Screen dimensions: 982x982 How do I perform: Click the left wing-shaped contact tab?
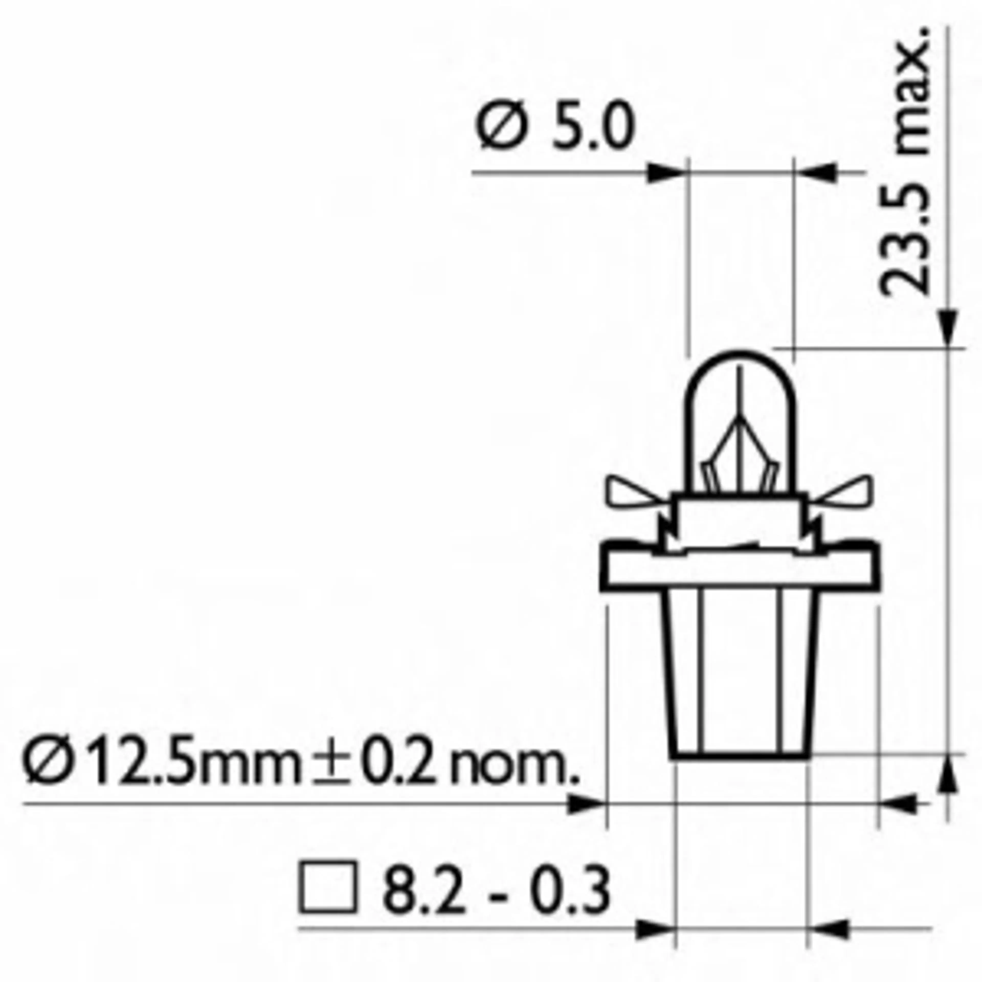(x=633, y=493)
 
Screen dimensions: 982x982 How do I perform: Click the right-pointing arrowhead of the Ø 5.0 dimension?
(x=666, y=173)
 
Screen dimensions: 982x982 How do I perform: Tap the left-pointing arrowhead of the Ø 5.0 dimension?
(x=816, y=173)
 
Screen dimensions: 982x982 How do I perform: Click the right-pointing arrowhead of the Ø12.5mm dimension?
(x=587, y=804)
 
